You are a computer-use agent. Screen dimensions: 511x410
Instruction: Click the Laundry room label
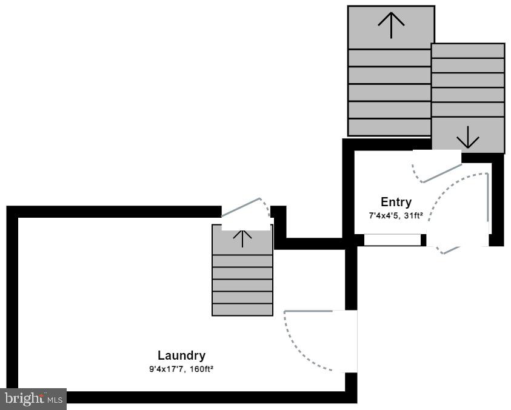pyautogui.click(x=181, y=356)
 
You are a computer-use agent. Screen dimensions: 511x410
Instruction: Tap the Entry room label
pyautogui.click(x=396, y=202)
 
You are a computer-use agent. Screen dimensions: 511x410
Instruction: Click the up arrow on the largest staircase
pyautogui.click(x=391, y=25)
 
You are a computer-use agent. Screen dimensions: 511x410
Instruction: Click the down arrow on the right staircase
pyautogui.click(x=468, y=137)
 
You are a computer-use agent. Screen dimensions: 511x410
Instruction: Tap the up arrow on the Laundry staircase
pyautogui.click(x=242, y=238)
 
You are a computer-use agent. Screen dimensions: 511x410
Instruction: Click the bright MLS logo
pyautogui.click(x=33, y=399)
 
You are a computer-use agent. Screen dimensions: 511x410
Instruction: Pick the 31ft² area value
pyautogui.click(x=413, y=215)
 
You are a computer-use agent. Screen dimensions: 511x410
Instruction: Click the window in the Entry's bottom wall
pyautogui.click(x=392, y=240)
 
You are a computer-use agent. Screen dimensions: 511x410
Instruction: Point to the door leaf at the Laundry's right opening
pyautogui.click(x=309, y=311)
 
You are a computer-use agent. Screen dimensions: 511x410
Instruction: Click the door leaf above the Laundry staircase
pyautogui.click(x=241, y=207)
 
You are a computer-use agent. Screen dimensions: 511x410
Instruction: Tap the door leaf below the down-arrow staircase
pyautogui.click(x=443, y=173)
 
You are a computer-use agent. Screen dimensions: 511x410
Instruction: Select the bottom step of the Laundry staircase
pyautogui.click(x=242, y=309)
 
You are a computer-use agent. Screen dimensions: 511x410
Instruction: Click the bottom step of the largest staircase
pyautogui.click(x=390, y=127)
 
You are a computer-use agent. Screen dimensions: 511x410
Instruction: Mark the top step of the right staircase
pyautogui.click(x=468, y=51)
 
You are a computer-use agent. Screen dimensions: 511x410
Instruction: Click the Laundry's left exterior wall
pyautogui.click(x=12, y=304)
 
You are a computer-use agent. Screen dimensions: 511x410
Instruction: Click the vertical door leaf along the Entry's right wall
pyautogui.click(x=487, y=198)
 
